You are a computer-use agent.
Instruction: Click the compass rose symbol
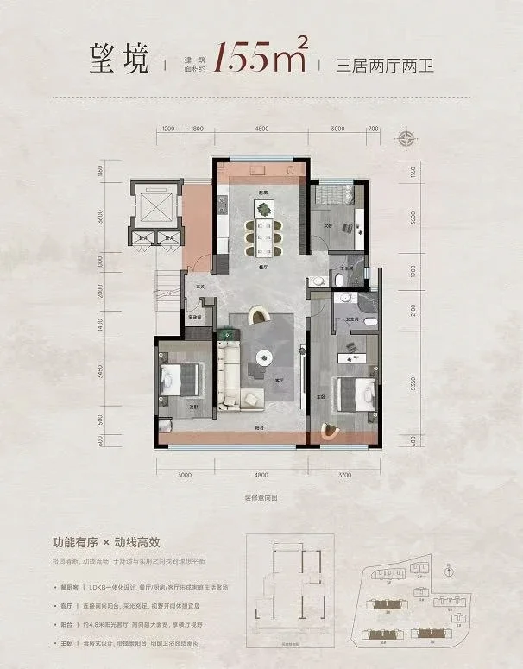(405, 140)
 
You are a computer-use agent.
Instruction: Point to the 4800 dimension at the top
(260, 129)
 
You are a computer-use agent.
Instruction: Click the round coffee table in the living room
(261, 357)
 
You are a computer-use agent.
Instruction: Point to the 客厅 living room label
(280, 379)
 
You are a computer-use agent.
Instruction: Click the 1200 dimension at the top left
(168, 129)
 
